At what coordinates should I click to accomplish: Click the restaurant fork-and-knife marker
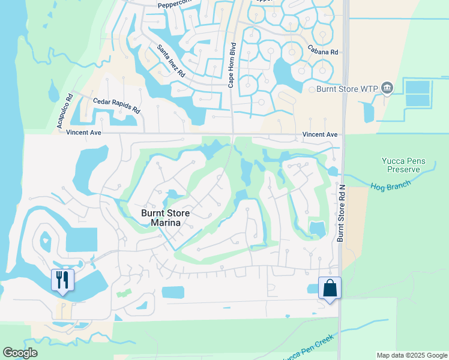coord(62,280)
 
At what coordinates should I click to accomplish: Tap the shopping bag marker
coord(330,288)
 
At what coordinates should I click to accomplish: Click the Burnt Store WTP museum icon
coord(387,89)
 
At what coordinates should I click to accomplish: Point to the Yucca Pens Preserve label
coord(404,165)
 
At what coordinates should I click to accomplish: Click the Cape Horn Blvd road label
coord(232,65)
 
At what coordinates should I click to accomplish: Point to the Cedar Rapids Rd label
coord(116,106)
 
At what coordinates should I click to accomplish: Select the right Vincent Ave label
coord(319,135)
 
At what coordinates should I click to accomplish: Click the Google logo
coord(20,353)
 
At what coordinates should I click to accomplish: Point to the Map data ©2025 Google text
coord(411,355)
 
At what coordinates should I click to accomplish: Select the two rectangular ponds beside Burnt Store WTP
coord(418,94)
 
